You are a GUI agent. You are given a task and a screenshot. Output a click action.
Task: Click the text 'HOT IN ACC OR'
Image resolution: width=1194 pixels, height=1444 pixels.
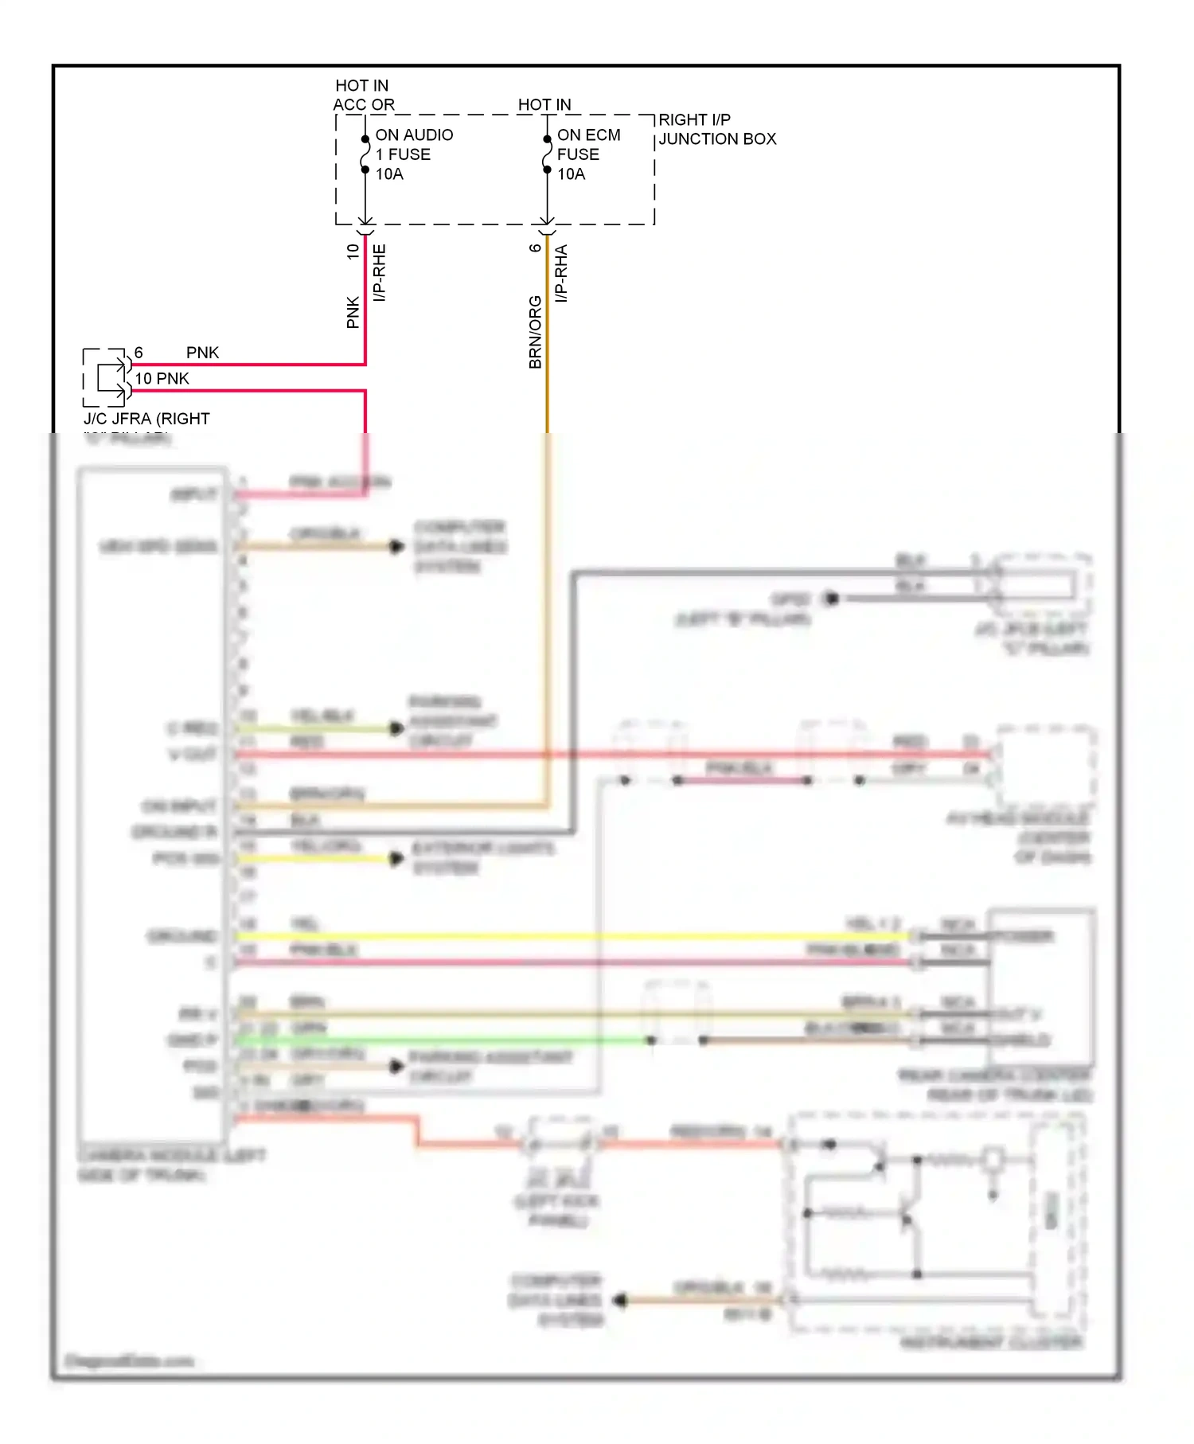[x=363, y=95]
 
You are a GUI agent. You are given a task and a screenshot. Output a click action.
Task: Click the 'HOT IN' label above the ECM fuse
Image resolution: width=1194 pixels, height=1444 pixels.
[x=544, y=104]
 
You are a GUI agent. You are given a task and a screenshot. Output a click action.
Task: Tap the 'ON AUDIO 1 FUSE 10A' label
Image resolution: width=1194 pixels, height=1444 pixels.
[x=414, y=154]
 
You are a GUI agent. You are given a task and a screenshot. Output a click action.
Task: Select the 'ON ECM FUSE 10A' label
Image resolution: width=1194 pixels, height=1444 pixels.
[x=588, y=154]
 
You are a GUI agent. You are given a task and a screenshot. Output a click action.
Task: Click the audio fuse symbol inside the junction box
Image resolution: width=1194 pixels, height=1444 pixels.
[x=365, y=154]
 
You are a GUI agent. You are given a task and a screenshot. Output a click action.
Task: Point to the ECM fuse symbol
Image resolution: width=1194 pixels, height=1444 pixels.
[x=547, y=154]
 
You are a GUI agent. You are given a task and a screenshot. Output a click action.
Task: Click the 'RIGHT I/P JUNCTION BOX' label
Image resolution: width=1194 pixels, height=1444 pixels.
[x=716, y=129]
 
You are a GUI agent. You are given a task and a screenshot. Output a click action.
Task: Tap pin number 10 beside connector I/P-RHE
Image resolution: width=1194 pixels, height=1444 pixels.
[x=353, y=252]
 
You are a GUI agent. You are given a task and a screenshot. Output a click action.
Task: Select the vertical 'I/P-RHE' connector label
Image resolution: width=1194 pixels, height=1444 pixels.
[x=380, y=272]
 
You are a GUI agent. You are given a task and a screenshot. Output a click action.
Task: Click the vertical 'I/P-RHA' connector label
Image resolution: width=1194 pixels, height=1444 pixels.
[x=561, y=272]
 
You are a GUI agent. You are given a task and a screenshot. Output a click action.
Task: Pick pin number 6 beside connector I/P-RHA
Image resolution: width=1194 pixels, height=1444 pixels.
[x=535, y=248]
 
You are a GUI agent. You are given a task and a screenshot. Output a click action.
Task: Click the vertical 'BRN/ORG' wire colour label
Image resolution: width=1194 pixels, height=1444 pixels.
[x=535, y=332]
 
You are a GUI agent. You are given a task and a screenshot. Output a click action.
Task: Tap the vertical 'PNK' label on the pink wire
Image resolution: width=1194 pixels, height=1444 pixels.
[x=353, y=312]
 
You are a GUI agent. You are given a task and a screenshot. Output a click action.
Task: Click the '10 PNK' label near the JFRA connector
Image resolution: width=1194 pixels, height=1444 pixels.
[x=162, y=379]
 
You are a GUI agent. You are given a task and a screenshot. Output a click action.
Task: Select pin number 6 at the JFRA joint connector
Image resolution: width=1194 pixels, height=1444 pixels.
[x=139, y=353]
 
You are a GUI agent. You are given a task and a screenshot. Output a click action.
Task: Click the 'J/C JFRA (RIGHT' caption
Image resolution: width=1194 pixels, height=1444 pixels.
[x=146, y=419]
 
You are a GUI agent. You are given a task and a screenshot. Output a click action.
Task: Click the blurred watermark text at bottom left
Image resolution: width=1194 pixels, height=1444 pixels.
[x=128, y=1360]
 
